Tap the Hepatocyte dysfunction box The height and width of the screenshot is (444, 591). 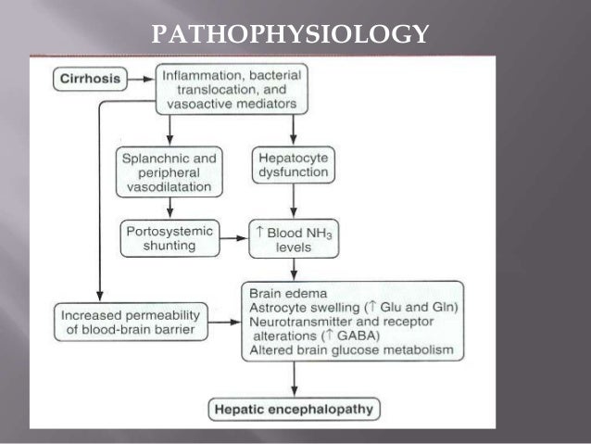click(294, 165)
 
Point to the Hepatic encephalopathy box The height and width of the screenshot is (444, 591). click(295, 406)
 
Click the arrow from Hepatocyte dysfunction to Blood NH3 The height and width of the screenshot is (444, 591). click(295, 200)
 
